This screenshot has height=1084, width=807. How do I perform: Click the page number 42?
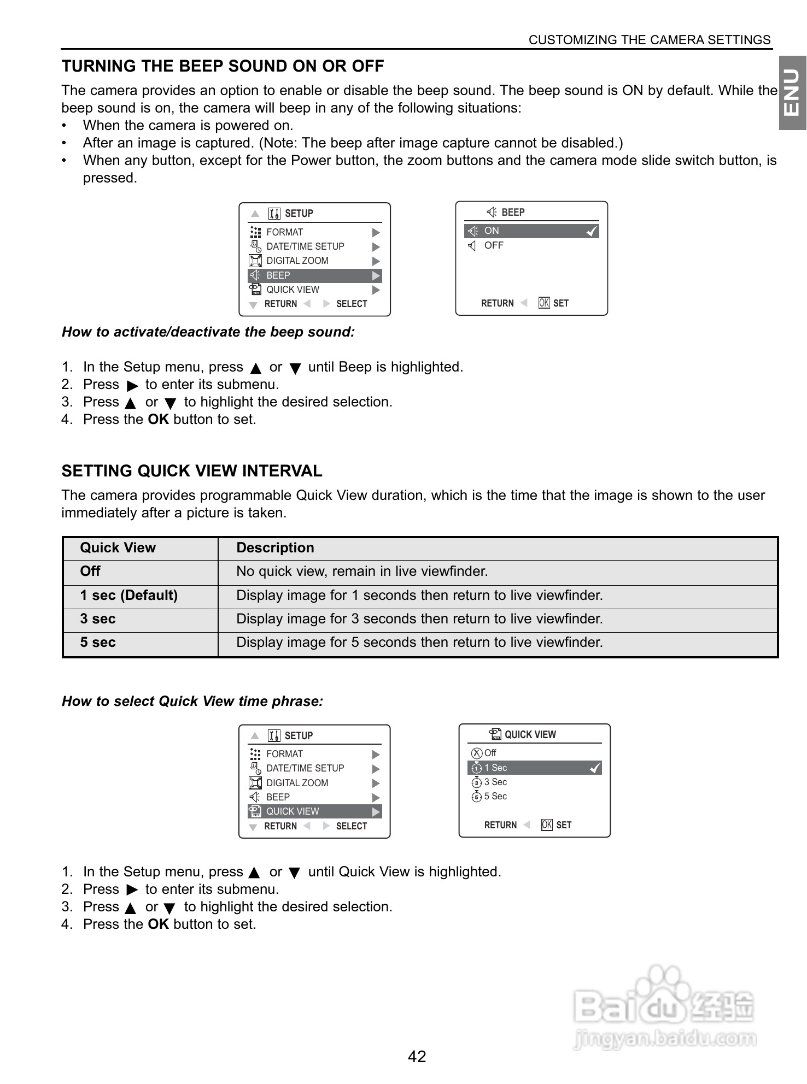click(417, 1056)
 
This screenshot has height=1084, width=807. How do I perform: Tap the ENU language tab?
click(792, 93)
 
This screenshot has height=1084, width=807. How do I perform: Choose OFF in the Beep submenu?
click(493, 246)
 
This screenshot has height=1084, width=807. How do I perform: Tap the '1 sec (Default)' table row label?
click(128, 596)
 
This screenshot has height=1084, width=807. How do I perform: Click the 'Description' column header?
click(275, 548)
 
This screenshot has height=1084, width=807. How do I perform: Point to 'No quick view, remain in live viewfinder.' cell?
click(362, 572)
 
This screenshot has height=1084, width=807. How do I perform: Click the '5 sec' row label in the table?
click(98, 643)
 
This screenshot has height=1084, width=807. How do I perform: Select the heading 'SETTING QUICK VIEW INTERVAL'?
click(192, 471)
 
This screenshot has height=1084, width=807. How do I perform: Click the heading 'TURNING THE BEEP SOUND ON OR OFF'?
click(223, 66)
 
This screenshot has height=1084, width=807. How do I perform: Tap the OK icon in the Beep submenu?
click(544, 303)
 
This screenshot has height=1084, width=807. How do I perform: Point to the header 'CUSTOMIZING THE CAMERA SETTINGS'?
click(650, 40)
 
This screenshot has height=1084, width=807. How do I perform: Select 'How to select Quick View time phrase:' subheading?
click(192, 702)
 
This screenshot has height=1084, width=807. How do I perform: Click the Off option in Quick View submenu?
click(490, 753)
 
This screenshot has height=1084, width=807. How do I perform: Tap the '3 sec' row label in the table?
click(98, 619)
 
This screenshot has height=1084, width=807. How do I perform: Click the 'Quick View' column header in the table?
click(118, 548)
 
